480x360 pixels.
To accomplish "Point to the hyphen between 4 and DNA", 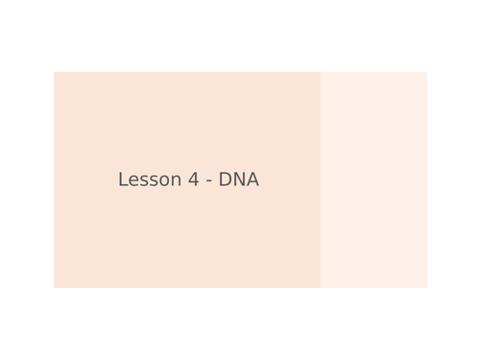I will tap(207, 181).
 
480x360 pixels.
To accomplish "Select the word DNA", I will tap(239, 180).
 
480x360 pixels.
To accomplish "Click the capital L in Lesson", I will tap(123, 180).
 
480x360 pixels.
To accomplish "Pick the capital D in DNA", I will tap(225, 180).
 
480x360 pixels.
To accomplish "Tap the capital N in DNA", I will tap(239, 180).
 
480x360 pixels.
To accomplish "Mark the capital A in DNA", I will tap(252, 180).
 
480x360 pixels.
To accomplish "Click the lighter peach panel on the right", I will tap(373, 180).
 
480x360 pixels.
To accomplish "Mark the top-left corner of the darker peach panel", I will tap(54, 72).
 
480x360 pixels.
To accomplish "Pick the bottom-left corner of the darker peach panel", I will tap(54, 287).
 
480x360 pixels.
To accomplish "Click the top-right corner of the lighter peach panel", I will tap(426, 72).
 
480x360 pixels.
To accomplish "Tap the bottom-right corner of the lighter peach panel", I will tap(426, 287).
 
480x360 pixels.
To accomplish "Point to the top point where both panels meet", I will tap(321, 72).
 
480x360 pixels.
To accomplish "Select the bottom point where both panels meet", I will tap(321, 287).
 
